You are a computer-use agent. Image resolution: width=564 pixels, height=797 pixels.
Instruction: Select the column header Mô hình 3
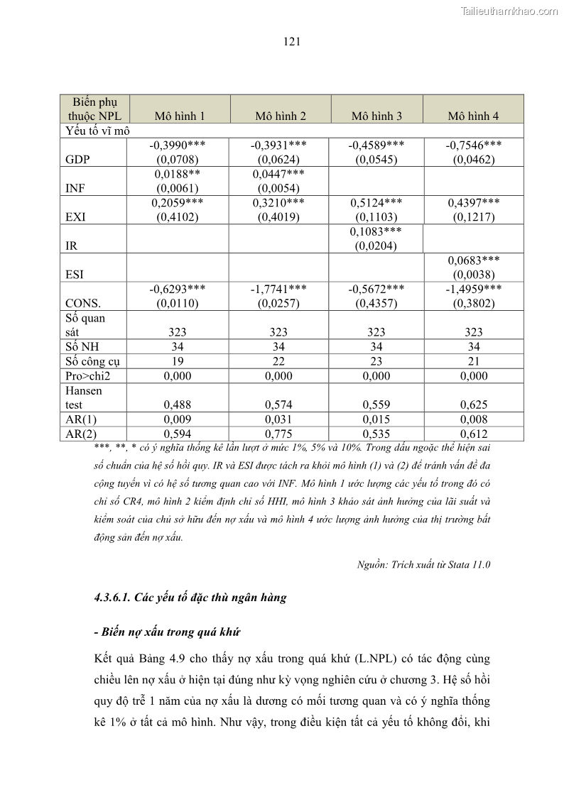pos(376,116)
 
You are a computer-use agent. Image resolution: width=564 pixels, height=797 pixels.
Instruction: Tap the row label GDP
pos(77,160)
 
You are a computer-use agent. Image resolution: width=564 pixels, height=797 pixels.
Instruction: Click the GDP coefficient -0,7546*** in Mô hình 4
pos(474,145)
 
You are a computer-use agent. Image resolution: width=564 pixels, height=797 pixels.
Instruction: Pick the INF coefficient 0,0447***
pos(278,174)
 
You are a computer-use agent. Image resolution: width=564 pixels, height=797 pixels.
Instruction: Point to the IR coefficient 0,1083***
pos(376,232)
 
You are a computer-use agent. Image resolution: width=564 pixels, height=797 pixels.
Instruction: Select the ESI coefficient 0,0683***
pos(474,260)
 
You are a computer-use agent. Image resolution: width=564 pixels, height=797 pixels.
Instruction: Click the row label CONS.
pos(82,303)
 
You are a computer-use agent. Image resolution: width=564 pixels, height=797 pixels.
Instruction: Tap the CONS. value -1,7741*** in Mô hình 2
pos(278,289)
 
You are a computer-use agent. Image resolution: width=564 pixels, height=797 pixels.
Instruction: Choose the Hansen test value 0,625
pos(474,405)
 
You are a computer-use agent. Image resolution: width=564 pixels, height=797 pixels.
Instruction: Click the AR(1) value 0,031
pos(278,419)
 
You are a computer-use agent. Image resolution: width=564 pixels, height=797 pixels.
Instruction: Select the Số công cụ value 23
pos(376,361)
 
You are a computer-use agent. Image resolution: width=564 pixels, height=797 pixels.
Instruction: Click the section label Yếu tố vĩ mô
pos(97,131)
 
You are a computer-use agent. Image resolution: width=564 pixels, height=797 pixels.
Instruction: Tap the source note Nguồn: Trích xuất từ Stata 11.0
pos(423,565)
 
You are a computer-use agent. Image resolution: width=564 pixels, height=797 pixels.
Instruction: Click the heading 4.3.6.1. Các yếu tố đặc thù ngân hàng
pos(190,597)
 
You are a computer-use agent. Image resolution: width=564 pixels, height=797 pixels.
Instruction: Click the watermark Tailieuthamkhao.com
pos(509,11)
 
